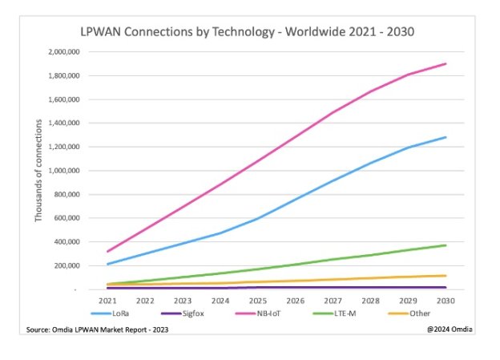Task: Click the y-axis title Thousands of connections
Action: click(x=38, y=171)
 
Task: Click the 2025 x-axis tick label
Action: click(x=257, y=301)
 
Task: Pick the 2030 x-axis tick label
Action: click(x=446, y=301)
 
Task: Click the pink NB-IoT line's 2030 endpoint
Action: click(x=446, y=63)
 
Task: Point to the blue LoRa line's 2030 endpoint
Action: click(x=446, y=137)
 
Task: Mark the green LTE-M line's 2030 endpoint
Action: click(x=446, y=245)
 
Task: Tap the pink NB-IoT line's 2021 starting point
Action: click(x=107, y=252)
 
